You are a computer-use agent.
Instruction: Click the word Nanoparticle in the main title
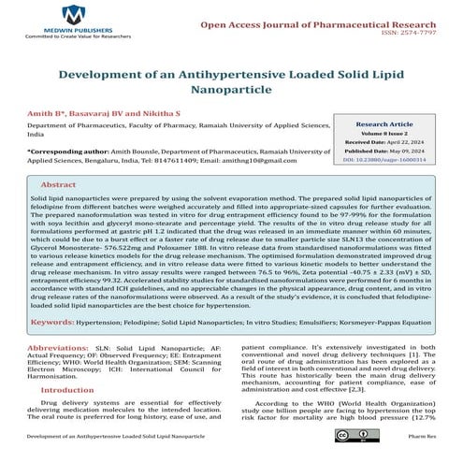click(x=232, y=94)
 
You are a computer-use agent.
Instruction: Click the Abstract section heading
click(x=58, y=185)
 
